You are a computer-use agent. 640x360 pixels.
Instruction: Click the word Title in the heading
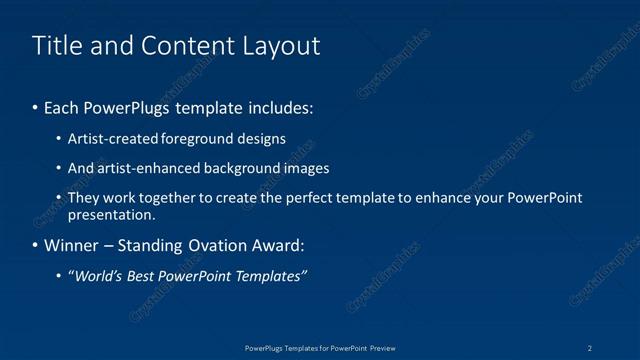tap(55, 46)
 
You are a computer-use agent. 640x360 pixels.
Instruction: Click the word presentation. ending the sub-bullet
tap(111, 214)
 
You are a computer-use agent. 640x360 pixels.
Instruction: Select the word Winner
tap(69, 246)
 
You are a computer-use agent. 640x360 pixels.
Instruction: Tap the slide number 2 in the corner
tap(591, 347)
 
